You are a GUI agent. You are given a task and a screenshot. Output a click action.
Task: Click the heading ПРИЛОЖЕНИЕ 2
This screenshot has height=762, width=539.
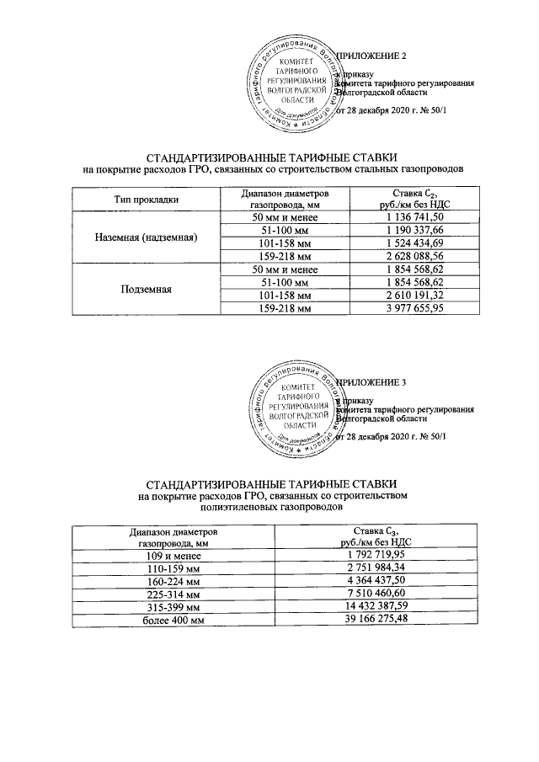pos(372,56)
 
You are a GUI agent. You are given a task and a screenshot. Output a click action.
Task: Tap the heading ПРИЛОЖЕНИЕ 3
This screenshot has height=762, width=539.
pos(372,382)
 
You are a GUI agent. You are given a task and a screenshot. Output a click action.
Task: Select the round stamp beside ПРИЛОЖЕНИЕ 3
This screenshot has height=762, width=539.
pos(294,410)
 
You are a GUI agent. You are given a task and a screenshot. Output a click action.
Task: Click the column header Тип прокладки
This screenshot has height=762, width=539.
pos(147,199)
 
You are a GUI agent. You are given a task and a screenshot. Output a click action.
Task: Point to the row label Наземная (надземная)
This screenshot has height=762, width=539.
pos(147,238)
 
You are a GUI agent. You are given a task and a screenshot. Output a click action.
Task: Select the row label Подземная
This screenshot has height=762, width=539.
pos(147,289)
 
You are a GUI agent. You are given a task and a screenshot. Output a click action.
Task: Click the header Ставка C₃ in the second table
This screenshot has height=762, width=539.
pos(375,536)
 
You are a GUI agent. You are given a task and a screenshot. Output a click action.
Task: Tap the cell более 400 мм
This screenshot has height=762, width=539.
pos(173,619)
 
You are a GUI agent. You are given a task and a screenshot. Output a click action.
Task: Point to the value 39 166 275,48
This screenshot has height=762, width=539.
pos(375,619)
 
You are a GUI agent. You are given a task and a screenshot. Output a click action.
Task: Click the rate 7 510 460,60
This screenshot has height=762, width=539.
pos(375,594)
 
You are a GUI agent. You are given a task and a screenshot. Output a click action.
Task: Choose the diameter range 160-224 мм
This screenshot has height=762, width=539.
pos(173,581)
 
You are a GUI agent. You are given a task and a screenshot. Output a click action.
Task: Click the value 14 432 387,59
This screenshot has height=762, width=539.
pos(375,606)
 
